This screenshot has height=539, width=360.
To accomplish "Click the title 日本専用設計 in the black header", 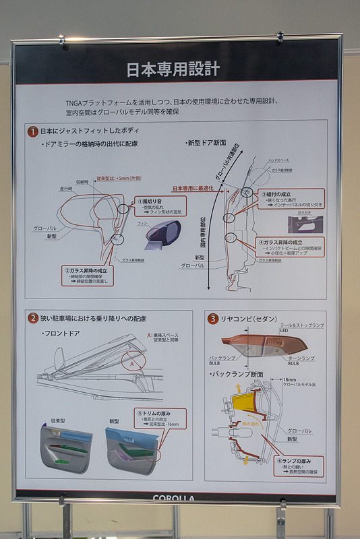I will [x=173, y=69].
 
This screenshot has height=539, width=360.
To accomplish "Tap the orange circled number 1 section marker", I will [x=32, y=131].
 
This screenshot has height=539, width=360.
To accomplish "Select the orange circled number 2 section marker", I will [x=32, y=318].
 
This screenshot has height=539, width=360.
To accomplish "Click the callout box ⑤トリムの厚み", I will [x=160, y=420].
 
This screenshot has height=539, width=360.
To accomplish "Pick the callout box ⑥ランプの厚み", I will [x=298, y=466].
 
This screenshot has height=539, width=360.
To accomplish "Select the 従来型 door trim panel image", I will [x=65, y=447].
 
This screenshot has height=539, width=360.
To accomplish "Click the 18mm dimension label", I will [x=290, y=380].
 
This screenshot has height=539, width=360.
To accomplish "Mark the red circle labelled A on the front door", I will [x=132, y=362].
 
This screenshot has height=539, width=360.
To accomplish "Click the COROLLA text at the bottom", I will [x=174, y=499].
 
